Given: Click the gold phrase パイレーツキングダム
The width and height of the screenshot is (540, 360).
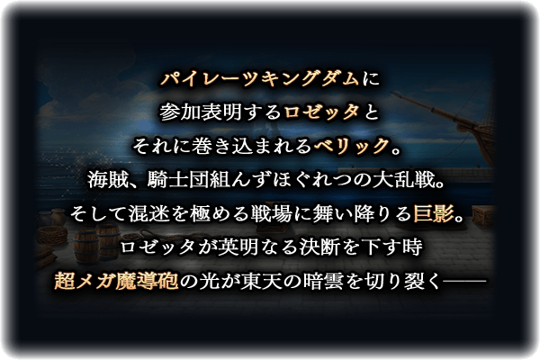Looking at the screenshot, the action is [260, 78].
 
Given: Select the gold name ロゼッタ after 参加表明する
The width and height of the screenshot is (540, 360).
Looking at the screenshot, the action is [321, 112].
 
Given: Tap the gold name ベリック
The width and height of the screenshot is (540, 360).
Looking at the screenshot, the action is [351, 146].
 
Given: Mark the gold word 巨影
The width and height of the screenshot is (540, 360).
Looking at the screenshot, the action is [434, 213].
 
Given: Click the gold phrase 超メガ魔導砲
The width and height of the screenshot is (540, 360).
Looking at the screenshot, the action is [116, 281].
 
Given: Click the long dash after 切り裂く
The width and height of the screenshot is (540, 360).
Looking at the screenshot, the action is [464, 282].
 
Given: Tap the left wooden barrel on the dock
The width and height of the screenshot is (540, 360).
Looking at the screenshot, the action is [85, 246].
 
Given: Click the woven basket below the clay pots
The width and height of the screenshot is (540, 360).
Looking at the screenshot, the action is [51, 235].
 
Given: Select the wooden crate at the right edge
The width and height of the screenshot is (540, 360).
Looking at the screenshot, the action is [483, 216].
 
